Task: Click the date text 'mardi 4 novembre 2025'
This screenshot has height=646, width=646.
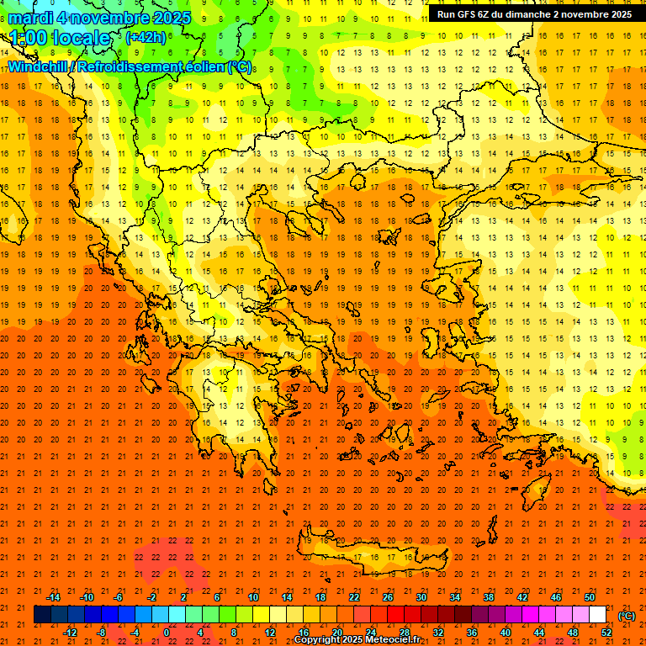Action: click(100, 18)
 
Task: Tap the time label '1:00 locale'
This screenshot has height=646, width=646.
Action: click(61, 38)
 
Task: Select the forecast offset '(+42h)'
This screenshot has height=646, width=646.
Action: click(146, 37)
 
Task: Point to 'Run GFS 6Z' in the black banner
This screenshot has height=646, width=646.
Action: click(466, 14)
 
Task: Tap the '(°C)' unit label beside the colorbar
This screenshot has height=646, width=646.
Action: click(626, 616)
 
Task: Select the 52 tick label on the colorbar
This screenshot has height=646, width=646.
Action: click(606, 632)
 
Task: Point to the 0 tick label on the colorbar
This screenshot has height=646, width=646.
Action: click(167, 632)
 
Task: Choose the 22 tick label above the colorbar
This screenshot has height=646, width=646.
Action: click(354, 597)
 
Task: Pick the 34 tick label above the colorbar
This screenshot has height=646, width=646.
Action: click(454, 597)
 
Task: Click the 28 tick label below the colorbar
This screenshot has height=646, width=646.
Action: click(404, 632)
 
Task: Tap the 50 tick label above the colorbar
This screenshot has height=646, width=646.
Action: click(590, 597)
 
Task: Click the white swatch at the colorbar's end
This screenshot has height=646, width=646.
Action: click(597, 615)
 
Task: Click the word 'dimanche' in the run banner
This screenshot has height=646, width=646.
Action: click(524, 14)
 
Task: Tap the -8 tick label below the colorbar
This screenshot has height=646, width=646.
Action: click(102, 632)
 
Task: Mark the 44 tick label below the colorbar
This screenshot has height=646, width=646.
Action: click(538, 632)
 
